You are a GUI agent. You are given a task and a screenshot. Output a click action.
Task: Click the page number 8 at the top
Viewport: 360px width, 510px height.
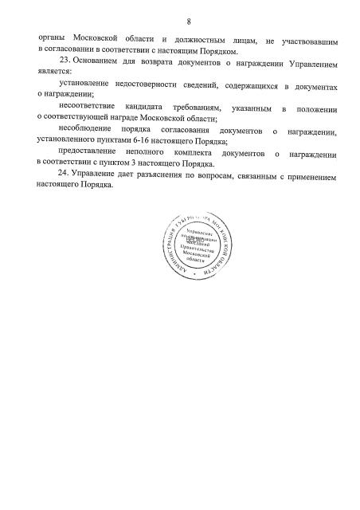click(179, 21)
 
